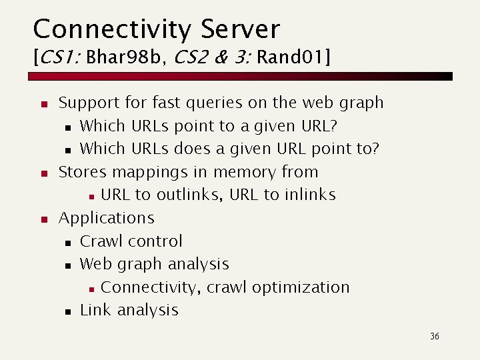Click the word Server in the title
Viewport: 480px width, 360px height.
coord(241,29)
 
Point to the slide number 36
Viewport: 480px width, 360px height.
coord(435,337)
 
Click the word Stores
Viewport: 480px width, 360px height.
coord(83,172)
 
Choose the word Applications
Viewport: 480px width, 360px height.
coord(107,219)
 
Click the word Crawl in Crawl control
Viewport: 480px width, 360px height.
coord(101,241)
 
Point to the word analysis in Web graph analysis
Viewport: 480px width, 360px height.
coord(198,265)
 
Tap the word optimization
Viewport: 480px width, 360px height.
coord(301,288)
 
